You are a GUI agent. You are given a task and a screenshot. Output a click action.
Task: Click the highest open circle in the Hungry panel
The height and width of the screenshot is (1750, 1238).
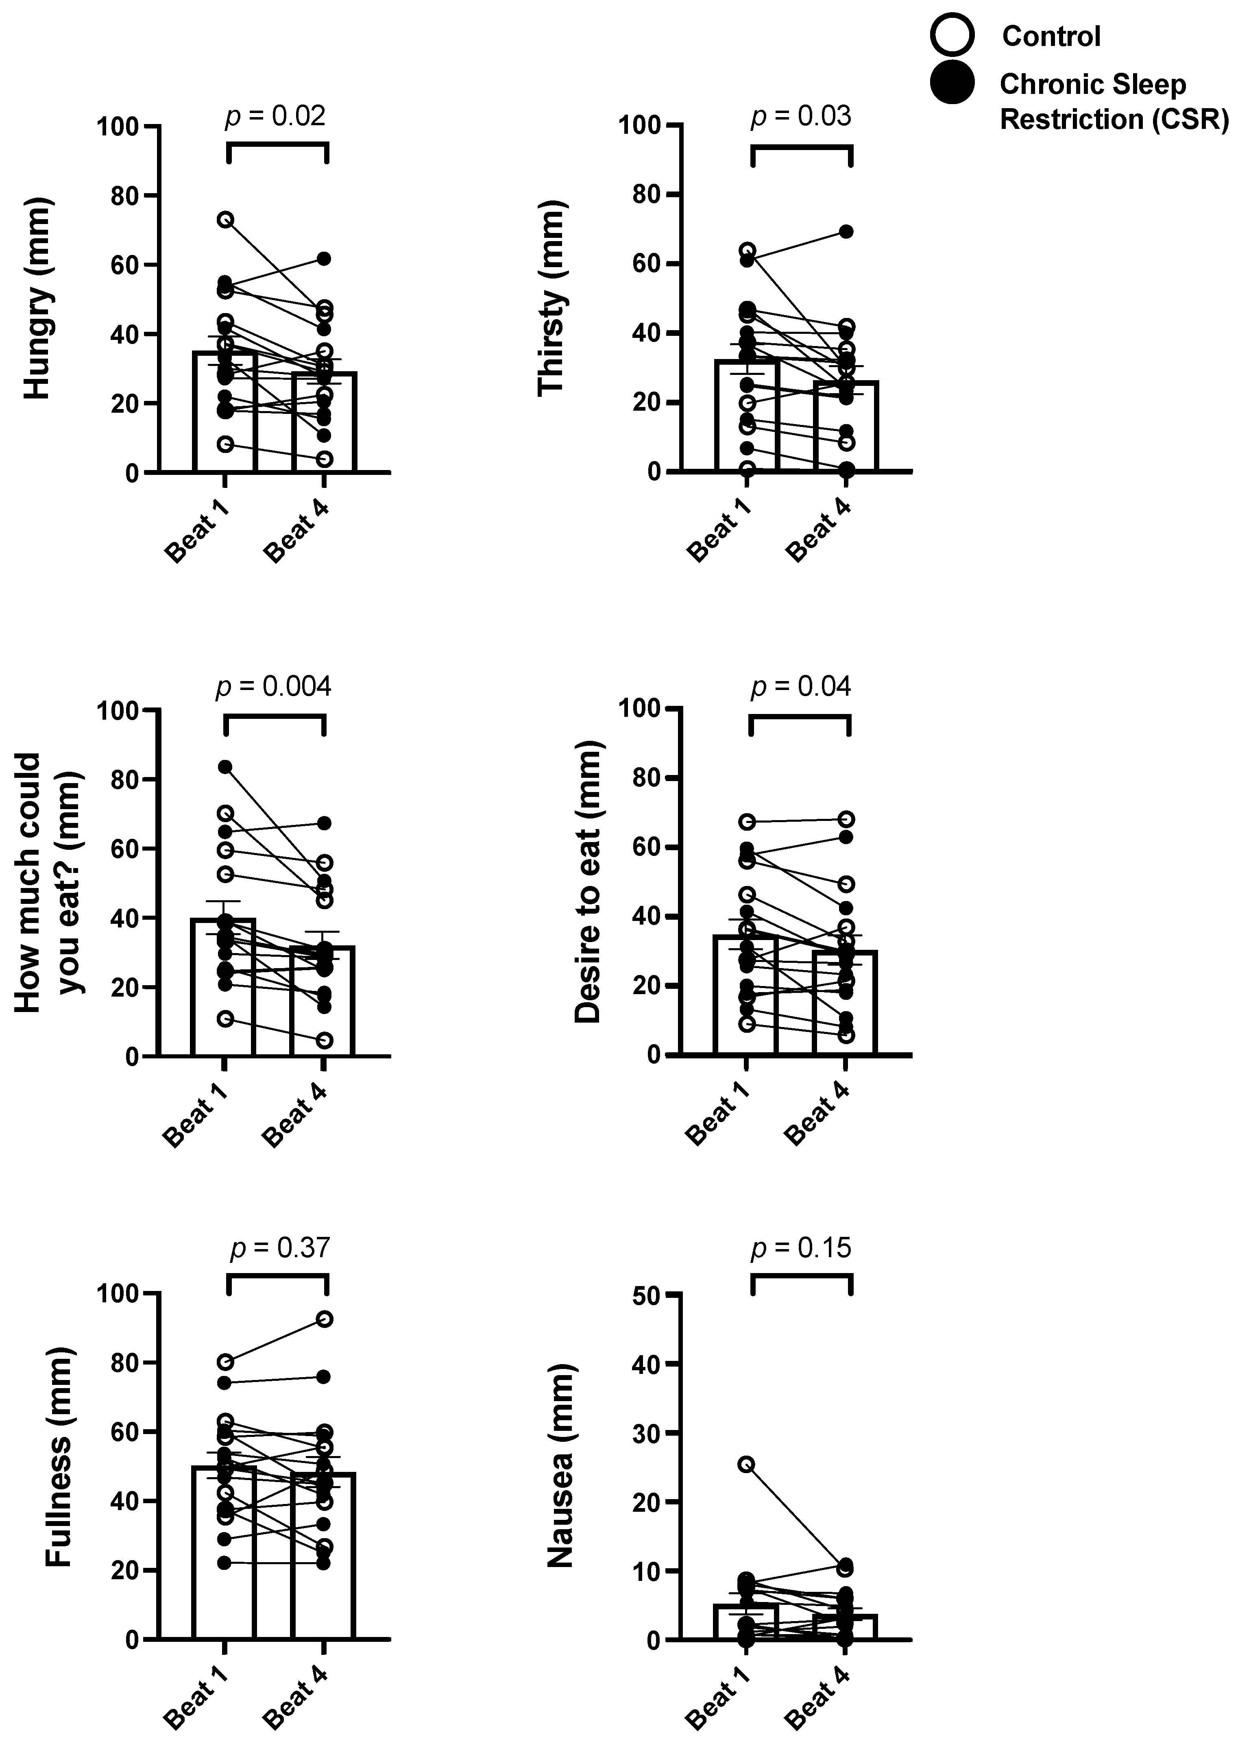pyautogui.click(x=226, y=220)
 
